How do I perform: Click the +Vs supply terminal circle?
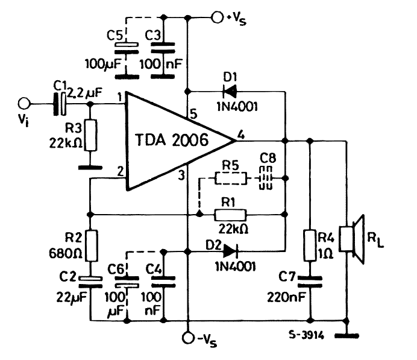pos(218,17)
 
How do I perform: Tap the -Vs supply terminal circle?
pos(189,338)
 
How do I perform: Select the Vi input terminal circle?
pos(24,104)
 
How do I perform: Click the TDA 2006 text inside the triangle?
pos(172,140)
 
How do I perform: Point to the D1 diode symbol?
pos(229,92)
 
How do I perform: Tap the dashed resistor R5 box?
pos(231,178)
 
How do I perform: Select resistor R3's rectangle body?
pos(90,136)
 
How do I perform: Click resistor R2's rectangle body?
pos(92,246)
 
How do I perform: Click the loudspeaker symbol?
pos(351,239)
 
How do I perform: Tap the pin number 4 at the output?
pos(240,134)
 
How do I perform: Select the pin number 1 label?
pos(120,97)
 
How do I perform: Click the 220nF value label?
pos(286,297)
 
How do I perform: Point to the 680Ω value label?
pos(66,254)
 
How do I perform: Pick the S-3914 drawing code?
pos(307,335)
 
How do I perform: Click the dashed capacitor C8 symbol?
pos(266,178)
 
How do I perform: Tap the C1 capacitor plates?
pos(60,104)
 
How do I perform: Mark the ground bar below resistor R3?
pos(90,168)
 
